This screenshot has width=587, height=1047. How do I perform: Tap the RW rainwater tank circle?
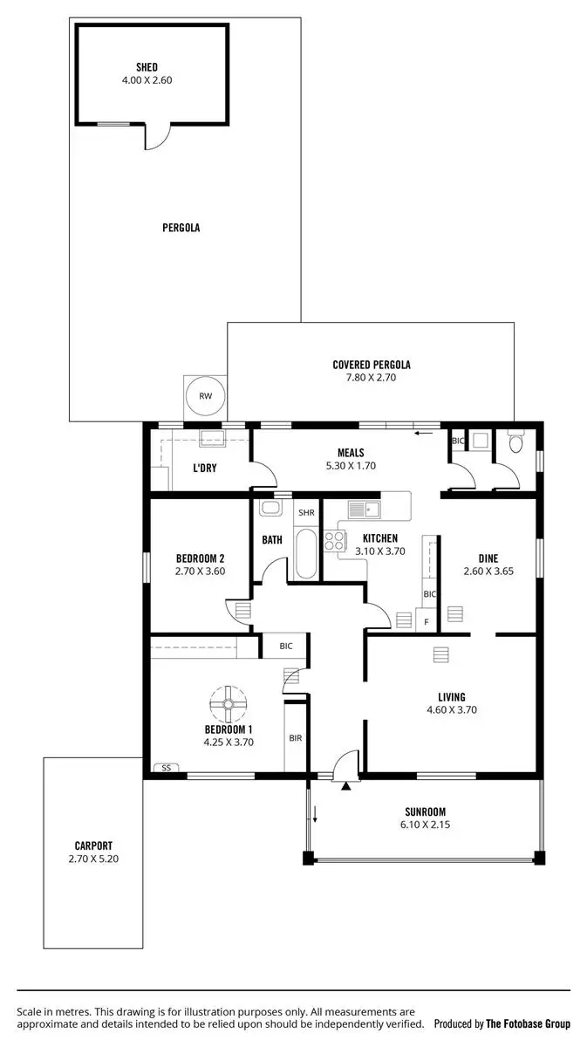(x=206, y=396)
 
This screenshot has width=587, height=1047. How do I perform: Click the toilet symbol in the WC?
(x=515, y=444)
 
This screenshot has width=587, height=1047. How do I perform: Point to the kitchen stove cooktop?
(x=334, y=541)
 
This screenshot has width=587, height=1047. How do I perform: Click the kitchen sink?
(x=364, y=509)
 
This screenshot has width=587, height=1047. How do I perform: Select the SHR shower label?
(x=306, y=512)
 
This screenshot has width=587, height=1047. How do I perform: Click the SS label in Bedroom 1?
(x=164, y=768)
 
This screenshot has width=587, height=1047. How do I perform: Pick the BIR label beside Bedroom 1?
(x=295, y=738)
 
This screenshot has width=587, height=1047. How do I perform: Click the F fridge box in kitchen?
(x=426, y=621)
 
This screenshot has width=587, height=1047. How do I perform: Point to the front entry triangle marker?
(x=346, y=786)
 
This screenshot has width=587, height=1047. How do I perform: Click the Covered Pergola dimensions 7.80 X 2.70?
(x=372, y=378)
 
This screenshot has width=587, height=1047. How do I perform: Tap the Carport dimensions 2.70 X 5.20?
(x=93, y=859)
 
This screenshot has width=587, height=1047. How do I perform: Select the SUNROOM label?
(x=425, y=811)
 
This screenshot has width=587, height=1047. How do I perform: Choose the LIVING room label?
(x=452, y=697)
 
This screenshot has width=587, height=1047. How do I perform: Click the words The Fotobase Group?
(x=528, y=1023)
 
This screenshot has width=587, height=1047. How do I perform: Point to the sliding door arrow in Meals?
(x=425, y=433)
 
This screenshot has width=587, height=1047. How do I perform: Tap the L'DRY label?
(x=205, y=468)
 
